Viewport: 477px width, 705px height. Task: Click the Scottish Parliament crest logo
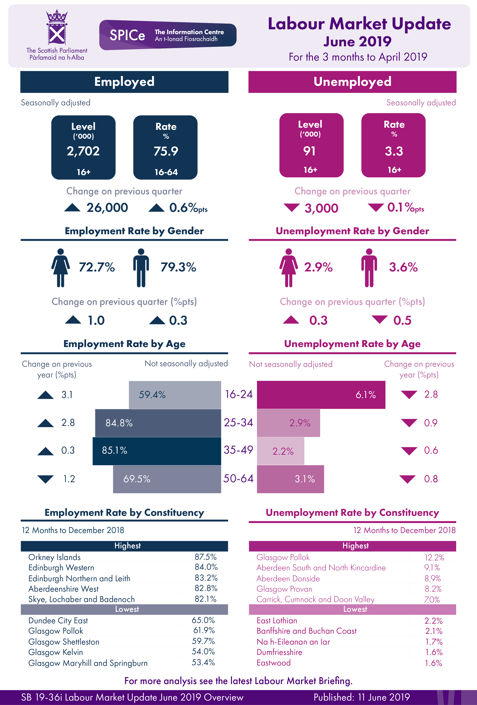pos(57,27)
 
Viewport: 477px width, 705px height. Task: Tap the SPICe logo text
pos(127,35)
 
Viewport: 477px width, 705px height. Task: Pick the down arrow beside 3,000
pos(291,208)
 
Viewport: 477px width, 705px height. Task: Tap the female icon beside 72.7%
pos(60,267)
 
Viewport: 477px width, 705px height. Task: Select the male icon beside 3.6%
pos(369,267)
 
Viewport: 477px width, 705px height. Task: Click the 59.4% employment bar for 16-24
pos(175,395)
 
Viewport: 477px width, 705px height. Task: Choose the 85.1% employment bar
pos(156,451)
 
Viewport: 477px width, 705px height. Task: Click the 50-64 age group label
pos(239,479)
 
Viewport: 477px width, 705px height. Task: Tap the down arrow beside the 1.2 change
pos(45,479)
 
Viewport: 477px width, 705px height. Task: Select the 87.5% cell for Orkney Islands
pos(206,557)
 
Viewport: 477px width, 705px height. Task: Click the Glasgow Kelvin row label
pos(55,652)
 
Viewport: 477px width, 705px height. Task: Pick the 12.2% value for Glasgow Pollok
pos(434,557)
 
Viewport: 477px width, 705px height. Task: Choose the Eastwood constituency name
pos(273,663)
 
